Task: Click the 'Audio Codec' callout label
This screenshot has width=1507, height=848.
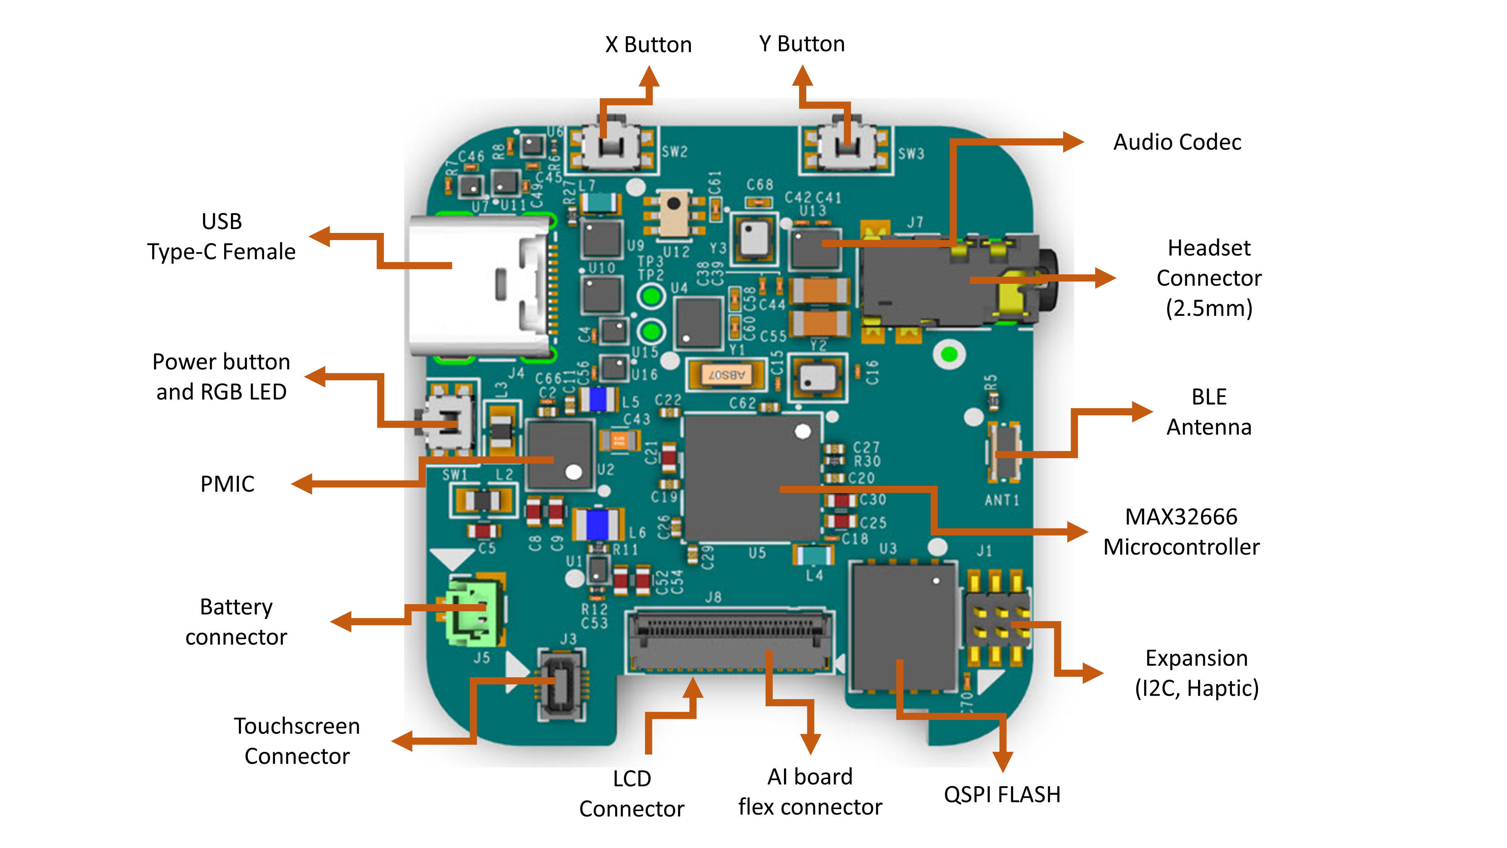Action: pyautogui.click(x=1177, y=142)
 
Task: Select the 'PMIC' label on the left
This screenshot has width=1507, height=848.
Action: pyautogui.click(x=227, y=484)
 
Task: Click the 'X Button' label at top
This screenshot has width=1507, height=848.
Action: pyautogui.click(x=648, y=44)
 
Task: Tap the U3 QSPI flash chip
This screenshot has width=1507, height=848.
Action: pyautogui.click(x=904, y=626)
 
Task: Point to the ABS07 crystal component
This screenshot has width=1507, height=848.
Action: pyautogui.click(x=726, y=375)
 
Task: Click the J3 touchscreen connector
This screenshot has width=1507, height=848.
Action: pyautogui.click(x=562, y=685)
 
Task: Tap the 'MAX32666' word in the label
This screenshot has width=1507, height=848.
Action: pyautogui.click(x=1181, y=517)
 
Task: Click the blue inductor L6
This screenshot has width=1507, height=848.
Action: pyautogui.click(x=597, y=524)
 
